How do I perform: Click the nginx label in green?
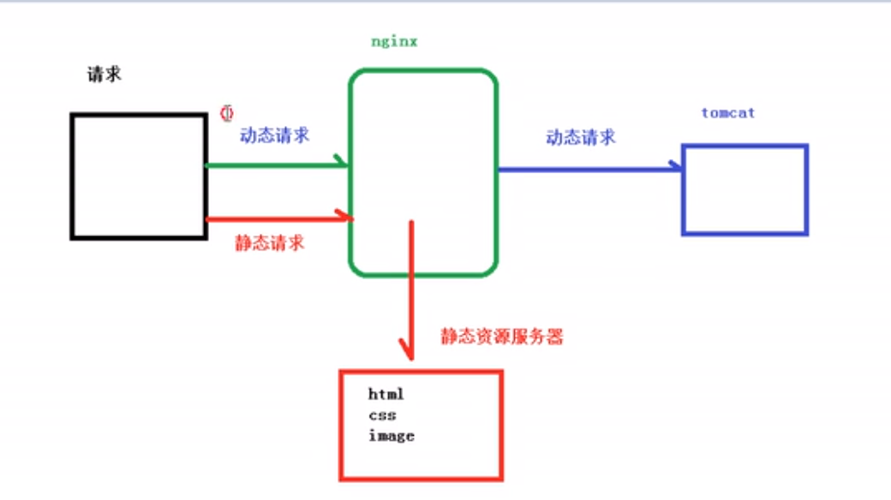click(x=394, y=41)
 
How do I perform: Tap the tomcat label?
click(x=727, y=112)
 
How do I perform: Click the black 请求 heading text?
click(x=105, y=74)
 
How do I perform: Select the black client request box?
click(x=138, y=176)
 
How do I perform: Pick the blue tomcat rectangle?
click(x=744, y=189)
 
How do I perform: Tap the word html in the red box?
click(x=386, y=395)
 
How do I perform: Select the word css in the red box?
click(x=382, y=415)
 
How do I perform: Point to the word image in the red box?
click(x=392, y=436)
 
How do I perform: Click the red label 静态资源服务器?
click(x=502, y=336)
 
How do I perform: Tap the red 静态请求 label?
click(x=270, y=242)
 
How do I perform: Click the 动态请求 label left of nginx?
click(x=274, y=134)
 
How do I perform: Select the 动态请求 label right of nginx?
click(x=581, y=136)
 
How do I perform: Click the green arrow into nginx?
click(x=274, y=164)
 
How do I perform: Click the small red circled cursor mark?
click(x=227, y=112)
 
